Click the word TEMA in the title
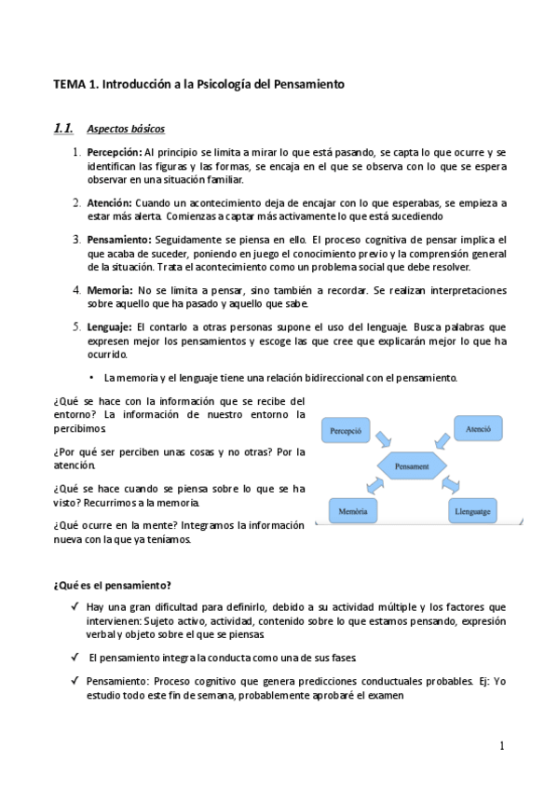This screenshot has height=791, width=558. [68, 84]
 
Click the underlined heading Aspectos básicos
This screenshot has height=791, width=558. [126, 129]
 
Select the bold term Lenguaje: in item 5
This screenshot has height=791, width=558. [109, 327]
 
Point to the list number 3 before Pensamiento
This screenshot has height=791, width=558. [76, 240]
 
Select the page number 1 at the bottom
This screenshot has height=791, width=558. [501, 745]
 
